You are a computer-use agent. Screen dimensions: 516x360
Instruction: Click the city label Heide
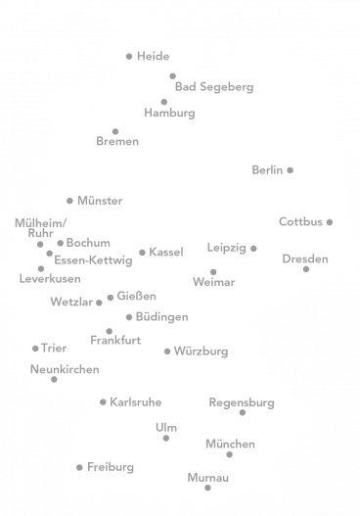(x=154, y=57)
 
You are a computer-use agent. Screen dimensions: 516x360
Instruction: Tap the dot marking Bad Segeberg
(x=172, y=75)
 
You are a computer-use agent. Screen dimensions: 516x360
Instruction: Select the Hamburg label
(x=169, y=114)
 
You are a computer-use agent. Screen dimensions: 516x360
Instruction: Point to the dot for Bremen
(x=115, y=130)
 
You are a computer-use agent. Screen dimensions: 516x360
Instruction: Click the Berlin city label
(x=267, y=170)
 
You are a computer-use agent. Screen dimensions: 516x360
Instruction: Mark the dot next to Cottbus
(x=330, y=221)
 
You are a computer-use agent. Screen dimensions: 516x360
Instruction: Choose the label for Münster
(x=99, y=201)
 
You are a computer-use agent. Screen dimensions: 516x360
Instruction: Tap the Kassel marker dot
(x=142, y=253)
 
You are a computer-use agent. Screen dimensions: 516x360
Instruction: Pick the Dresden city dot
(x=306, y=269)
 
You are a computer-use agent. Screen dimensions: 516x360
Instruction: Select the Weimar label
(x=214, y=283)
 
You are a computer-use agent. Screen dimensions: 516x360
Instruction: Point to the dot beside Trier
(x=35, y=348)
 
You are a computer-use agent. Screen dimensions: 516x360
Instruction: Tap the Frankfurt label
(x=115, y=341)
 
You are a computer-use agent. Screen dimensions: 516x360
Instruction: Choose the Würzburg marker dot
(x=167, y=352)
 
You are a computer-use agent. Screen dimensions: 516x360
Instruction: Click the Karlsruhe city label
(x=136, y=402)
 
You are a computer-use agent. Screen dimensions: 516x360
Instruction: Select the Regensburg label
(x=242, y=402)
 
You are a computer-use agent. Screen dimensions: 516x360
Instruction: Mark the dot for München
(x=230, y=455)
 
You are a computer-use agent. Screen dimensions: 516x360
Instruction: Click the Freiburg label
(x=111, y=467)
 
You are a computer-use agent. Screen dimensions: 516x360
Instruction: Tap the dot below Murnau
(x=207, y=488)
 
